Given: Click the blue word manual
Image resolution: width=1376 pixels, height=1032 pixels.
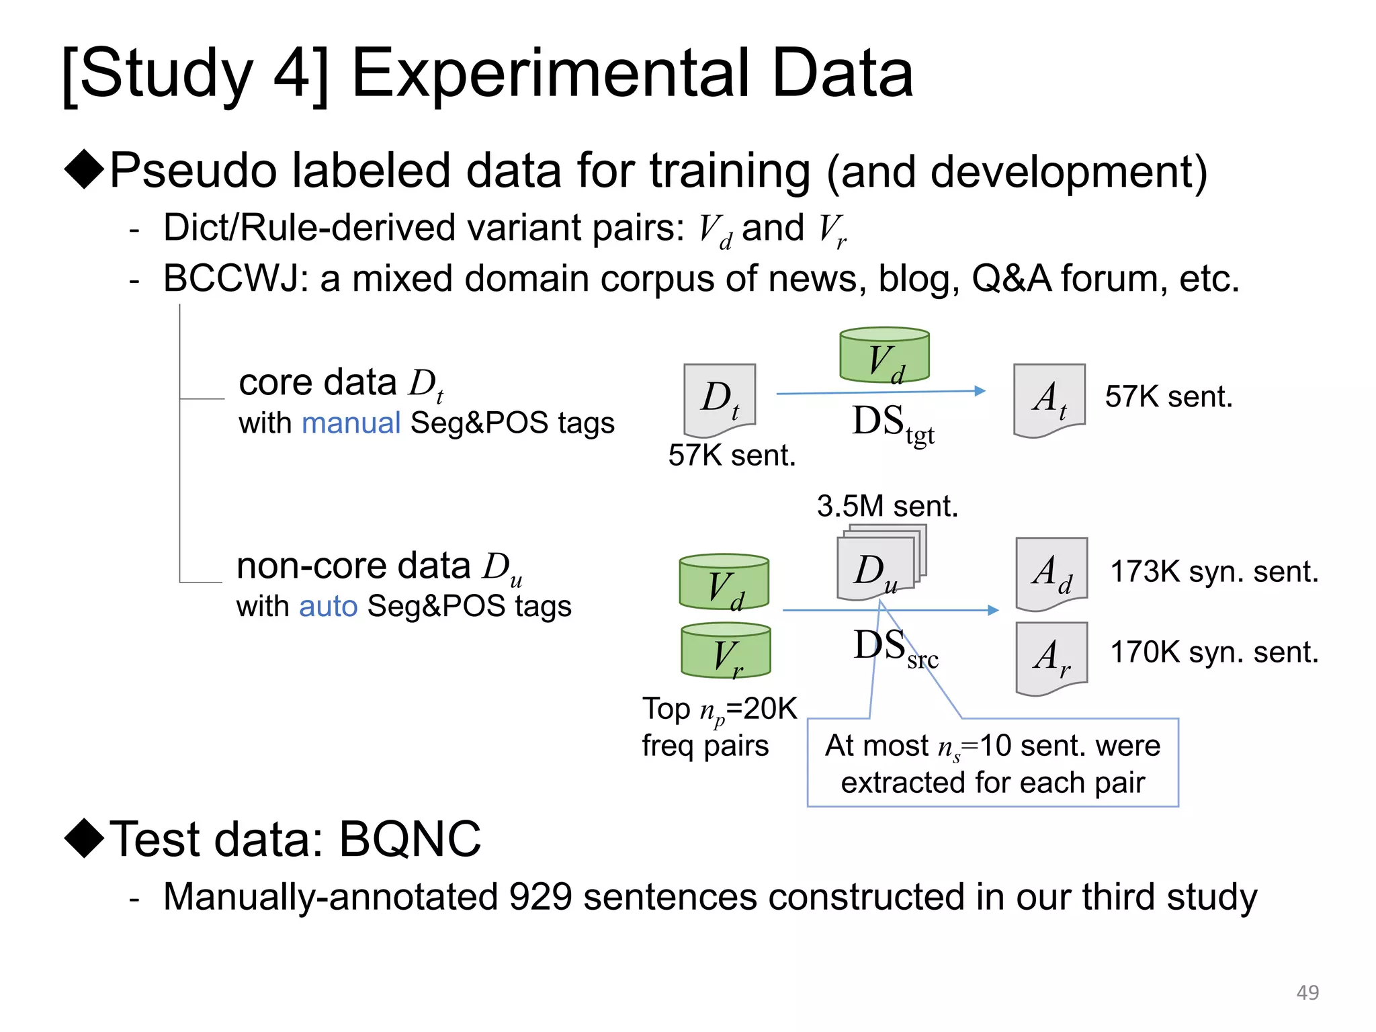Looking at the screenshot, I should click(x=351, y=423).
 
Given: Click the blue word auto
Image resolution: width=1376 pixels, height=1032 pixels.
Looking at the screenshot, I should click(x=328, y=606).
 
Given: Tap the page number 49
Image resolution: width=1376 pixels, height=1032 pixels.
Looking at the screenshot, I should click(x=1307, y=992).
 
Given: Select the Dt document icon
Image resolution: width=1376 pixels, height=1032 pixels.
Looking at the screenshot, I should click(x=720, y=399).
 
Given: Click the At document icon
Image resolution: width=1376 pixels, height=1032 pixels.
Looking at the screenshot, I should click(x=1049, y=399).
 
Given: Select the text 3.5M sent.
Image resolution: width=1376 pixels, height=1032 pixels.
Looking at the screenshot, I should click(x=887, y=506).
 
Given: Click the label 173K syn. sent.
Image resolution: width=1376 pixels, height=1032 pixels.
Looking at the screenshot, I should click(x=1214, y=572).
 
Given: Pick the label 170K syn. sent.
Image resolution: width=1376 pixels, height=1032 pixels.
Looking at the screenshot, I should click(x=1214, y=652).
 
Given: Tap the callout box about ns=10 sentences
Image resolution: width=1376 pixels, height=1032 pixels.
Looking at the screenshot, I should click(x=992, y=763).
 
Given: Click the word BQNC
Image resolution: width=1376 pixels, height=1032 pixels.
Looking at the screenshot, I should click(x=410, y=839).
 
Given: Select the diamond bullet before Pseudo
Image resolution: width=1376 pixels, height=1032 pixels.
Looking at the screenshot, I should click(x=85, y=169).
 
